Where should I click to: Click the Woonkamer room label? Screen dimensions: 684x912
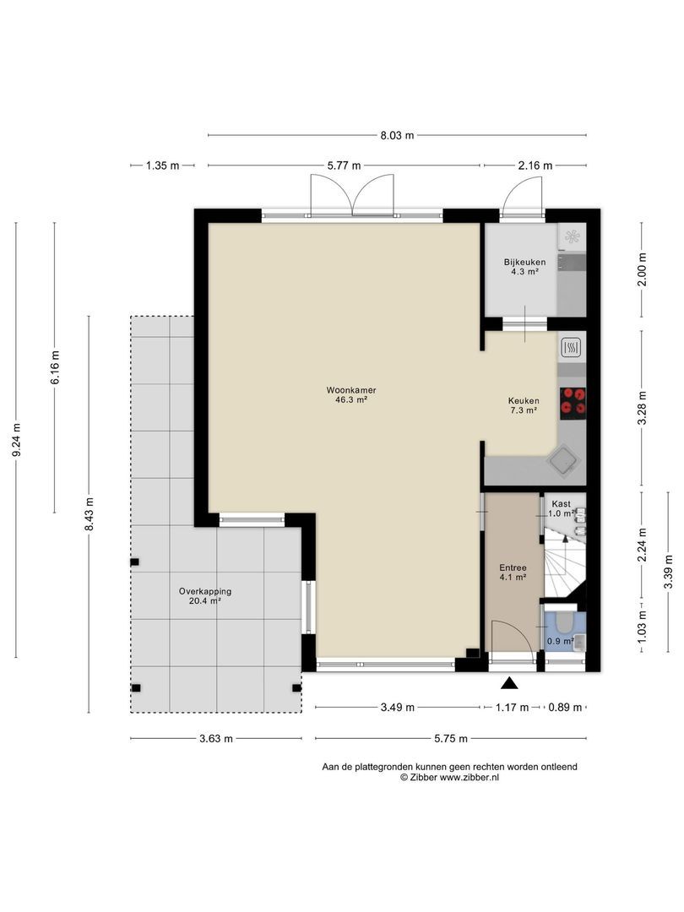coord(350,390)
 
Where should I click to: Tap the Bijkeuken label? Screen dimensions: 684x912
coord(524,263)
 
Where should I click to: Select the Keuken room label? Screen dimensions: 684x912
coord(524,401)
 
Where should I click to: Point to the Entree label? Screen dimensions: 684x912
coord(513,568)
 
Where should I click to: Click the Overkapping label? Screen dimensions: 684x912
coord(204,591)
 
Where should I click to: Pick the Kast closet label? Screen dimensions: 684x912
coord(562,503)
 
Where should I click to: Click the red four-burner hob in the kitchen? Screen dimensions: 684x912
coord(573,403)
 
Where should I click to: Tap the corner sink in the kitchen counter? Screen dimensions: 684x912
coord(563,462)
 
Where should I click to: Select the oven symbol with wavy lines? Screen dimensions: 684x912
coord(571,349)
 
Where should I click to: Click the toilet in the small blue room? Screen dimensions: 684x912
coord(563,623)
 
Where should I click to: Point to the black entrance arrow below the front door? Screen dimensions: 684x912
coord(509,683)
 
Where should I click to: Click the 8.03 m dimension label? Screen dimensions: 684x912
coord(397,135)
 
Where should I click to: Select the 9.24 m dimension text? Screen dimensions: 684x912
coord(16,439)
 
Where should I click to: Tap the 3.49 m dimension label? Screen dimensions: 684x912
coord(397,708)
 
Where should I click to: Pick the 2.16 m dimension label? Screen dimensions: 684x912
coord(535,166)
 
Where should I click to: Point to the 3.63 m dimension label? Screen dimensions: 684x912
coord(216,739)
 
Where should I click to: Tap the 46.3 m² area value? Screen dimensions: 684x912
coord(350,399)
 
